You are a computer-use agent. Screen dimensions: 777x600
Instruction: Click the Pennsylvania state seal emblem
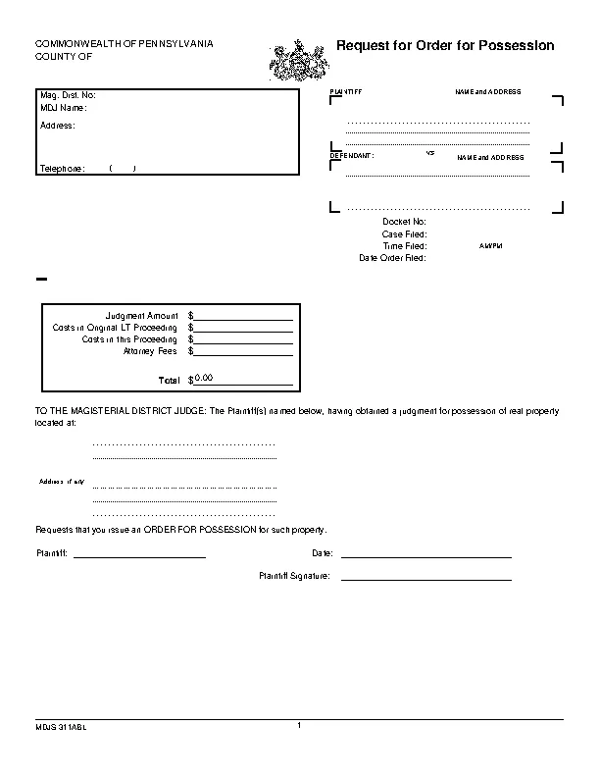(298, 61)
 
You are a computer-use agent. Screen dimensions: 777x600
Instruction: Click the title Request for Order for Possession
(445, 46)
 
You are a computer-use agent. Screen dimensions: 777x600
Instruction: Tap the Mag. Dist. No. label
(68, 95)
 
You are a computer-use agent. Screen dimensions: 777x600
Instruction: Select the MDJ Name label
(64, 107)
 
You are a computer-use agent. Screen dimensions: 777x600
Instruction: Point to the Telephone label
(63, 169)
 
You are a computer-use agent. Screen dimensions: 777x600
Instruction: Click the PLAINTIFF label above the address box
(346, 91)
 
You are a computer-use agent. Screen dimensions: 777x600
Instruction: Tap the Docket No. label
(404, 222)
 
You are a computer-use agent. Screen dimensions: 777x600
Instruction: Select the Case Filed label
(404, 234)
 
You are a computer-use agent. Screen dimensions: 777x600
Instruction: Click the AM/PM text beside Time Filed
(490, 246)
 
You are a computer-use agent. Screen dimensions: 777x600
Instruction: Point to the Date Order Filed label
(392, 258)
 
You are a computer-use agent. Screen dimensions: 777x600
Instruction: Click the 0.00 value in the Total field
(204, 378)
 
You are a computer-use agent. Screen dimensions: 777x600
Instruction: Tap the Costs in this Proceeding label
(129, 338)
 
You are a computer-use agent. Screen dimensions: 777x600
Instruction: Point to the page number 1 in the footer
(299, 725)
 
